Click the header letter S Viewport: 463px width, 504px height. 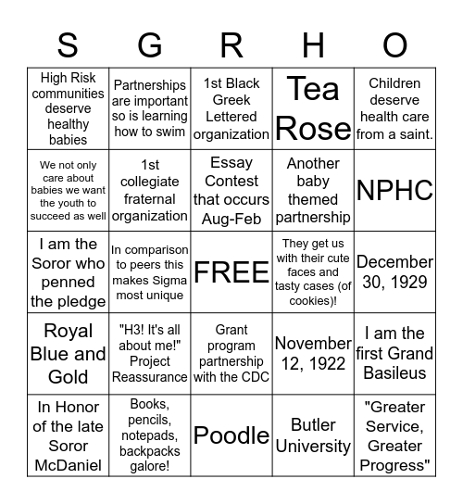pyautogui.click(x=68, y=44)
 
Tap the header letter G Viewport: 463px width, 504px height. pyautogui.click(x=149, y=44)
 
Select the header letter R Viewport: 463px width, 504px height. pyautogui.click(x=231, y=44)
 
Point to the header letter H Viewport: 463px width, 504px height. pyautogui.click(x=313, y=44)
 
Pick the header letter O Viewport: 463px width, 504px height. pyautogui.click(x=394, y=44)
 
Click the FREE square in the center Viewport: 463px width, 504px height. pyautogui.click(x=231, y=272)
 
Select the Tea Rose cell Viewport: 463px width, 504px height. pyautogui.click(x=313, y=109)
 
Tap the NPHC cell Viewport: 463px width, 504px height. pyautogui.click(x=394, y=191)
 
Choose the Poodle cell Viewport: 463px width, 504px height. pyautogui.click(x=231, y=435)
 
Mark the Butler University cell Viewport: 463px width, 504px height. pyautogui.click(x=313, y=435)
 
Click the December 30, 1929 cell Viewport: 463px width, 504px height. pyautogui.click(x=394, y=272)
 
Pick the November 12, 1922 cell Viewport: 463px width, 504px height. pyautogui.click(x=313, y=354)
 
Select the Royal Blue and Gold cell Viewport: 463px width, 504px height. pyautogui.click(x=68, y=354)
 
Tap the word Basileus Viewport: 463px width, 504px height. pyautogui.click(x=394, y=373)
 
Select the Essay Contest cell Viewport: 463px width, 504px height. pyautogui.click(x=231, y=191)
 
